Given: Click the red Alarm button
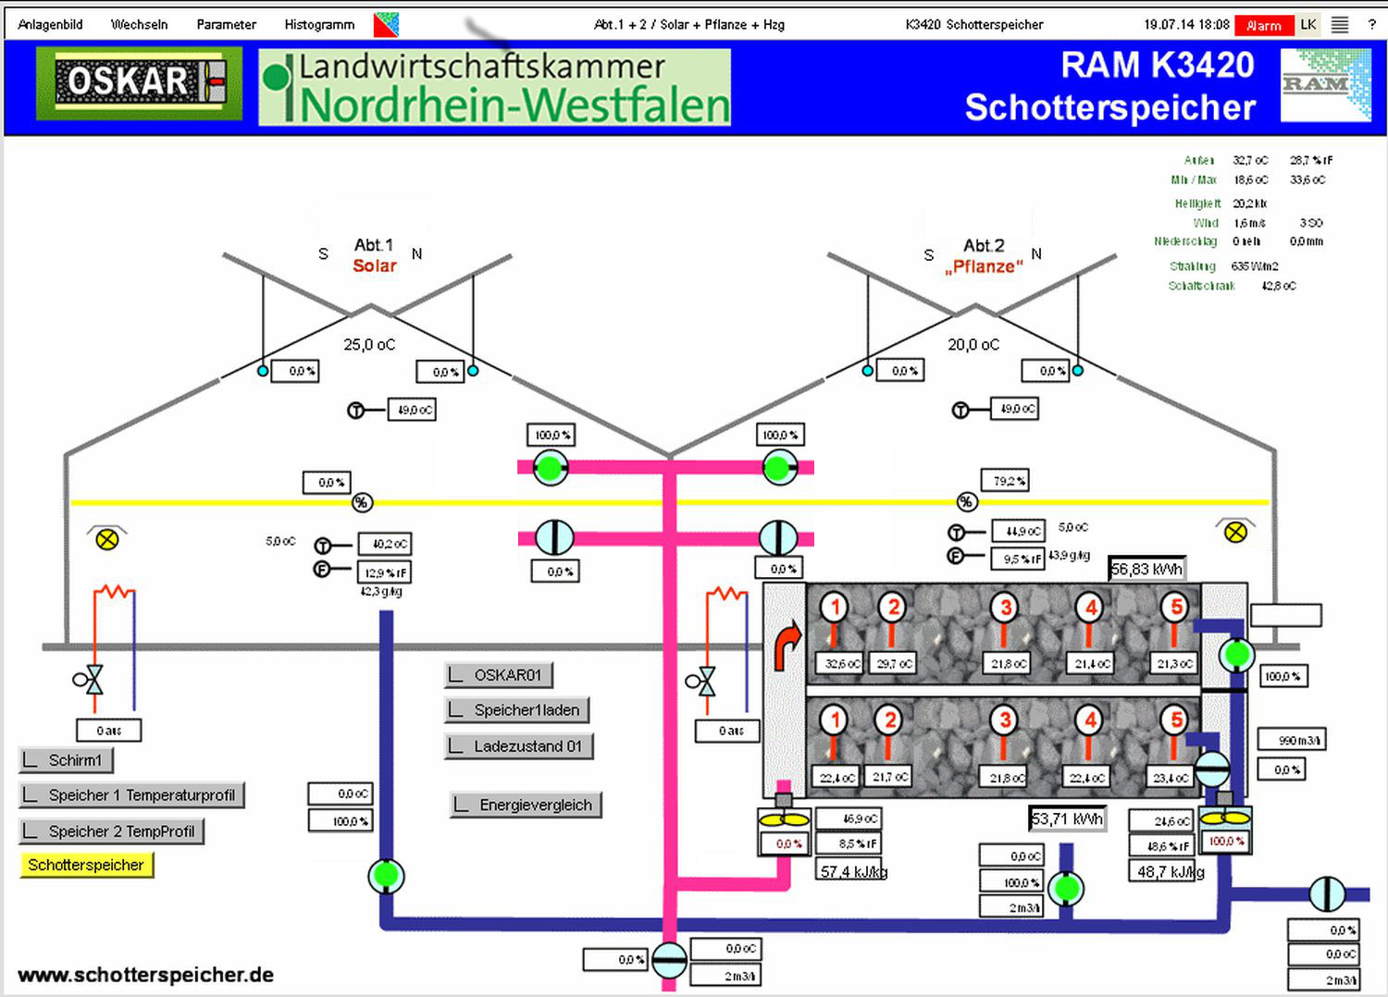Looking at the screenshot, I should pos(1263,26).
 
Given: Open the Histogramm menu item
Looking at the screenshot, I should pos(319,25).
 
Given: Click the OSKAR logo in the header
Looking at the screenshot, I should pos(140,83).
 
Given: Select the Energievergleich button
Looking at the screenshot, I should pos(526,805).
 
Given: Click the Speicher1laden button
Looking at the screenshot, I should pos(516,710).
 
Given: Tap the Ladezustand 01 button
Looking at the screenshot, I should pos(518,746).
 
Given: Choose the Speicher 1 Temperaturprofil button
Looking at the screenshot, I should pos(131,795).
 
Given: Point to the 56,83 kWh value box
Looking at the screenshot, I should pos(1146,569).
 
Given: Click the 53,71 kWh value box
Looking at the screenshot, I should pos(1067,819).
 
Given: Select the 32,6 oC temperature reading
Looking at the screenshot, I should pos(841,664).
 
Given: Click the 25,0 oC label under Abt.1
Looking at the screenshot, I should pos(369,345).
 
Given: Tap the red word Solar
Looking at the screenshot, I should pos(374,266).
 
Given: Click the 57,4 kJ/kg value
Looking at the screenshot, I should pos(853,871).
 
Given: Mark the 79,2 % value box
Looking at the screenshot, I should pos(1005,481).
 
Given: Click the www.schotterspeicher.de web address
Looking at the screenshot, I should pos(145,975).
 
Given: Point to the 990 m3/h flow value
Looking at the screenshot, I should pos(1292,740).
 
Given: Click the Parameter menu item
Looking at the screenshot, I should pos(226,25).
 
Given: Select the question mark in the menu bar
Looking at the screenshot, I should pos(1371,25).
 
